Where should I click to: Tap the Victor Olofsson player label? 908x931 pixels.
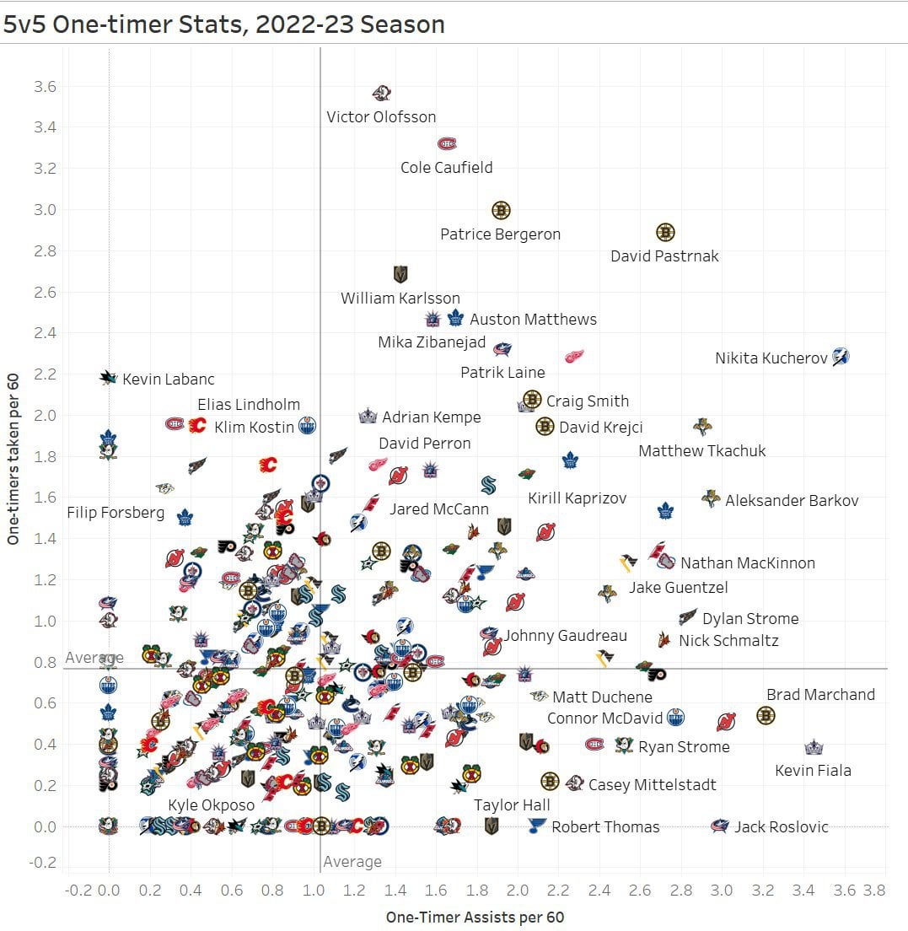click(381, 117)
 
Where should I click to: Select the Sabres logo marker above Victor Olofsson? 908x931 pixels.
click(382, 94)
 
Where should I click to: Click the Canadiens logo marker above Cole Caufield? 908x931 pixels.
click(447, 144)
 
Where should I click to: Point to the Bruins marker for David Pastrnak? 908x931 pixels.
click(665, 232)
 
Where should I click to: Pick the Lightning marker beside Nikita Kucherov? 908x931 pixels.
click(841, 357)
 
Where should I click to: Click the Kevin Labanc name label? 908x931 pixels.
click(169, 379)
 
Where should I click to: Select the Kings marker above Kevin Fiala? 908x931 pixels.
click(813, 747)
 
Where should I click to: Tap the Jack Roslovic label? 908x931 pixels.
click(781, 827)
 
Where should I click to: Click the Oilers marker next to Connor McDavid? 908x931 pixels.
click(675, 718)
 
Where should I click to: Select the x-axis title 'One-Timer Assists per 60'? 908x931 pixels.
click(475, 917)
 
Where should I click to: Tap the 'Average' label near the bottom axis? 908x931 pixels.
click(352, 862)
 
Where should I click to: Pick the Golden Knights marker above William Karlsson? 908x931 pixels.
click(400, 274)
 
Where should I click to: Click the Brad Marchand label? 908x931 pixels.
click(820, 695)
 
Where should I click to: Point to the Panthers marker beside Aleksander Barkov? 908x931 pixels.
click(711, 498)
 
